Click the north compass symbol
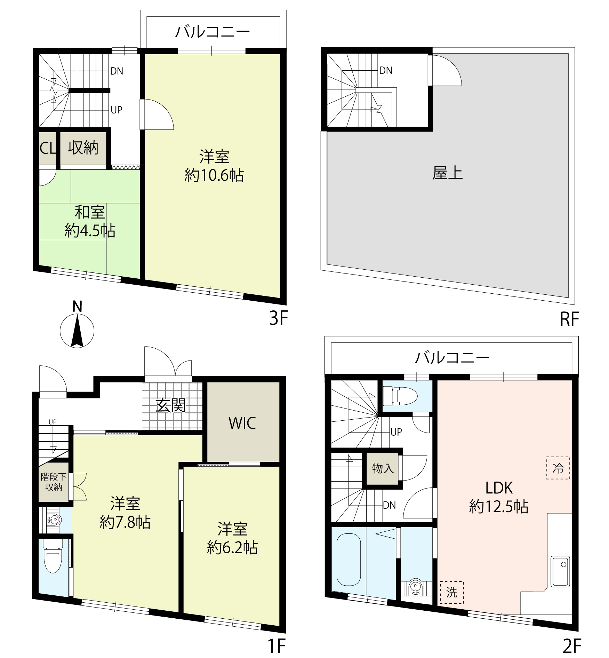pyautogui.click(x=77, y=330)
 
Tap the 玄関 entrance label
pyautogui.click(x=170, y=405)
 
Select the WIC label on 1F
pyautogui.click(x=242, y=423)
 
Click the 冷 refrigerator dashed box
pyautogui.click(x=558, y=468)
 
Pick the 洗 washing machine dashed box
pyautogui.click(x=451, y=592)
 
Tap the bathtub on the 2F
pyautogui.click(x=348, y=560)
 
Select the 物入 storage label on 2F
pyautogui.click(x=383, y=468)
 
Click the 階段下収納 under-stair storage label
pyautogui.click(x=54, y=482)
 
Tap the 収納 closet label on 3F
pyautogui.click(x=83, y=148)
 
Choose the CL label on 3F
pyautogui.click(x=48, y=148)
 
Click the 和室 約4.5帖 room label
pyautogui.click(x=90, y=222)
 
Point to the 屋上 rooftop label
pyautogui.click(x=447, y=173)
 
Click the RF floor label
pyautogui.click(x=569, y=319)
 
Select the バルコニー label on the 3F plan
pyautogui.click(x=213, y=32)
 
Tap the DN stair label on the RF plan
pyautogui.click(x=386, y=71)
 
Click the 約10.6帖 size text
pyautogui.click(x=214, y=175)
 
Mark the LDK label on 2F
pyautogui.click(x=499, y=488)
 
